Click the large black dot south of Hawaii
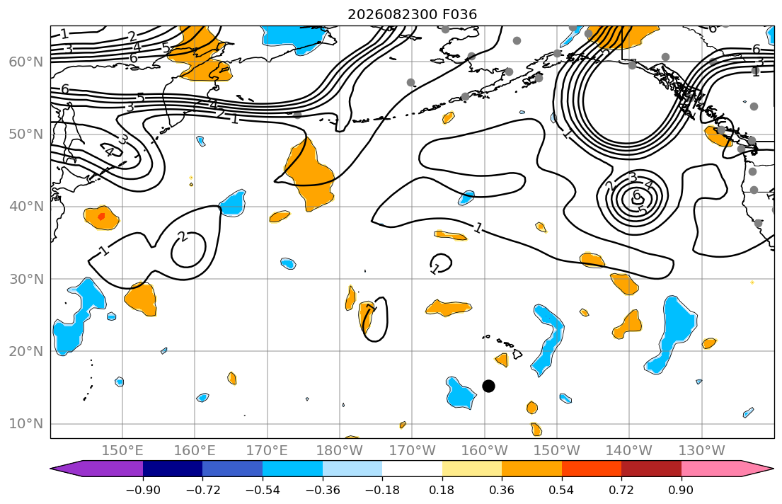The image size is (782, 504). (x=489, y=386)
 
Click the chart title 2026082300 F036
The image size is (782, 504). (x=412, y=14)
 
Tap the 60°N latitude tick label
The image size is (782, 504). (x=26, y=62)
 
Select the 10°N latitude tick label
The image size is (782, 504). (x=26, y=424)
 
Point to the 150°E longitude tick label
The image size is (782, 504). (x=122, y=451)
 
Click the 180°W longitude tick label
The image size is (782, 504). (x=340, y=451)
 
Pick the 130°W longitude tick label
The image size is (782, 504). (x=702, y=451)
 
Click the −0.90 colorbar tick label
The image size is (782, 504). (x=143, y=490)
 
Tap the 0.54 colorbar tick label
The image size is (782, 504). (x=562, y=490)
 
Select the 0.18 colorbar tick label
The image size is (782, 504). (x=442, y=490)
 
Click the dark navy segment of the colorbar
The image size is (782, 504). (x=173, y=469)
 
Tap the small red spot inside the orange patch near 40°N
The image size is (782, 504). (x=102, y=217)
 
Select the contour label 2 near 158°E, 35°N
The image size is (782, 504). (x=183, y=236)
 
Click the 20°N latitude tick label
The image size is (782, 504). (x=26, y=351)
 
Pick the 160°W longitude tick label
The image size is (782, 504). (x=484, y=451)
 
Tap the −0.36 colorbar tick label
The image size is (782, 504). (x=322, y=490)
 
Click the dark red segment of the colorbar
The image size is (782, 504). (x=651, y=469)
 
